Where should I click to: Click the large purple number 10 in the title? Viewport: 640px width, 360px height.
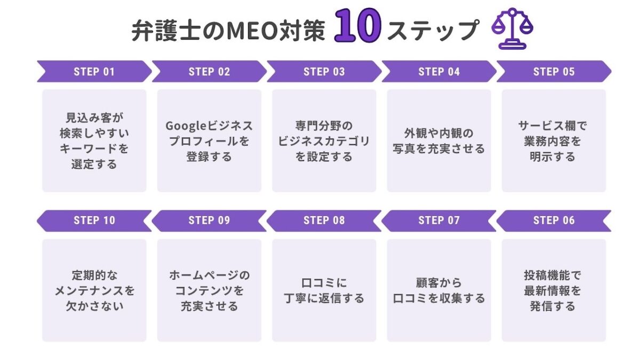pyautogui.click(x=358, y=26)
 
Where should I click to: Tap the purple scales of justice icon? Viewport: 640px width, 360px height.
pyautogui.click(x=513, y=28)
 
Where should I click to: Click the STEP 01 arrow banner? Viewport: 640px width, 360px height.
pyautogui.click(x=94, y=71)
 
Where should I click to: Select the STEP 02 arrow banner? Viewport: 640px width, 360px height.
pyautogui.click(x=209, y=71)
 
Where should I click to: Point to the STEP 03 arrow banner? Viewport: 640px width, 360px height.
pyautogui.click(x=324, y=71)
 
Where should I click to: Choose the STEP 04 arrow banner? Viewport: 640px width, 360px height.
pyautogui.click(x=439, y=71)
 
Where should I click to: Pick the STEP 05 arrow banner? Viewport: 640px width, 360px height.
pyautogui.click(x=554, y=71)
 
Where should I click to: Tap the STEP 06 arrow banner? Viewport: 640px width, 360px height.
pyautogui.click(x=554, y=221)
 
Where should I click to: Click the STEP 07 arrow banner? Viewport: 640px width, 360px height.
pyautogui.click(x=439, y=221)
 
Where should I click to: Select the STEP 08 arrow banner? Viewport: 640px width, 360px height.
pyautogui.click(x=324, y=221)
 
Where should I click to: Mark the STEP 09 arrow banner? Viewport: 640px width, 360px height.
pyautogui.click(x=209, y=221)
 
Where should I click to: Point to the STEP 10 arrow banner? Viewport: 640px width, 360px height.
pyautogui.click(x=94, y=221)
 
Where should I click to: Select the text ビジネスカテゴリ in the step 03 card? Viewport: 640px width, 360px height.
pyautogui.click(x=324, y=141)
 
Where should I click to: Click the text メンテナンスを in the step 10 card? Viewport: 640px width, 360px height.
pyautogui.click(x=94, y=291)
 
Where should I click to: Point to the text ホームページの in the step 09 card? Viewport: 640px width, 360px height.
pyautogui.click(x=209, y=275)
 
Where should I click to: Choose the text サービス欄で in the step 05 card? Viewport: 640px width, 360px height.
pyautogui.click(x=553, y=126)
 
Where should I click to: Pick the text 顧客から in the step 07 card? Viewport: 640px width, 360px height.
pyautogui.click(x=439, y=283)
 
